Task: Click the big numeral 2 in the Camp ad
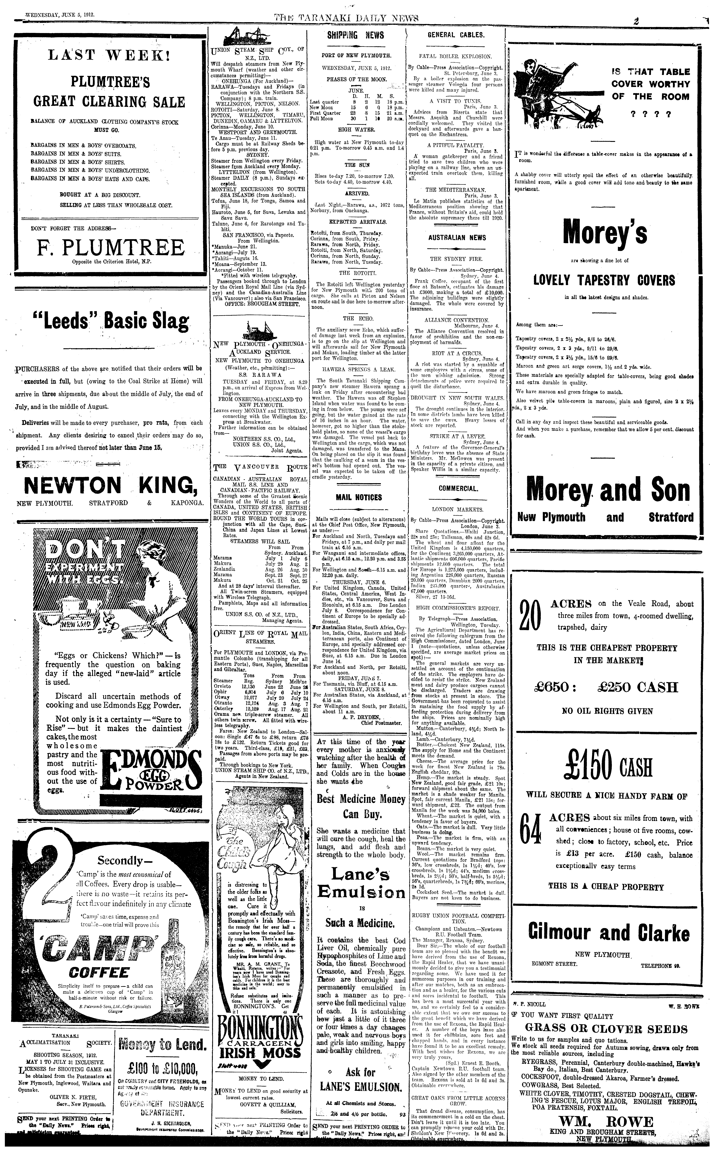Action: (x=47, y=873)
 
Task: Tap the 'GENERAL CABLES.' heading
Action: (x=456, y=35)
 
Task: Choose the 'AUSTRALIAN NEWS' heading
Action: (x=457, y=238)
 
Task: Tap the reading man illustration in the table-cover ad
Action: (x=555, y=94)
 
